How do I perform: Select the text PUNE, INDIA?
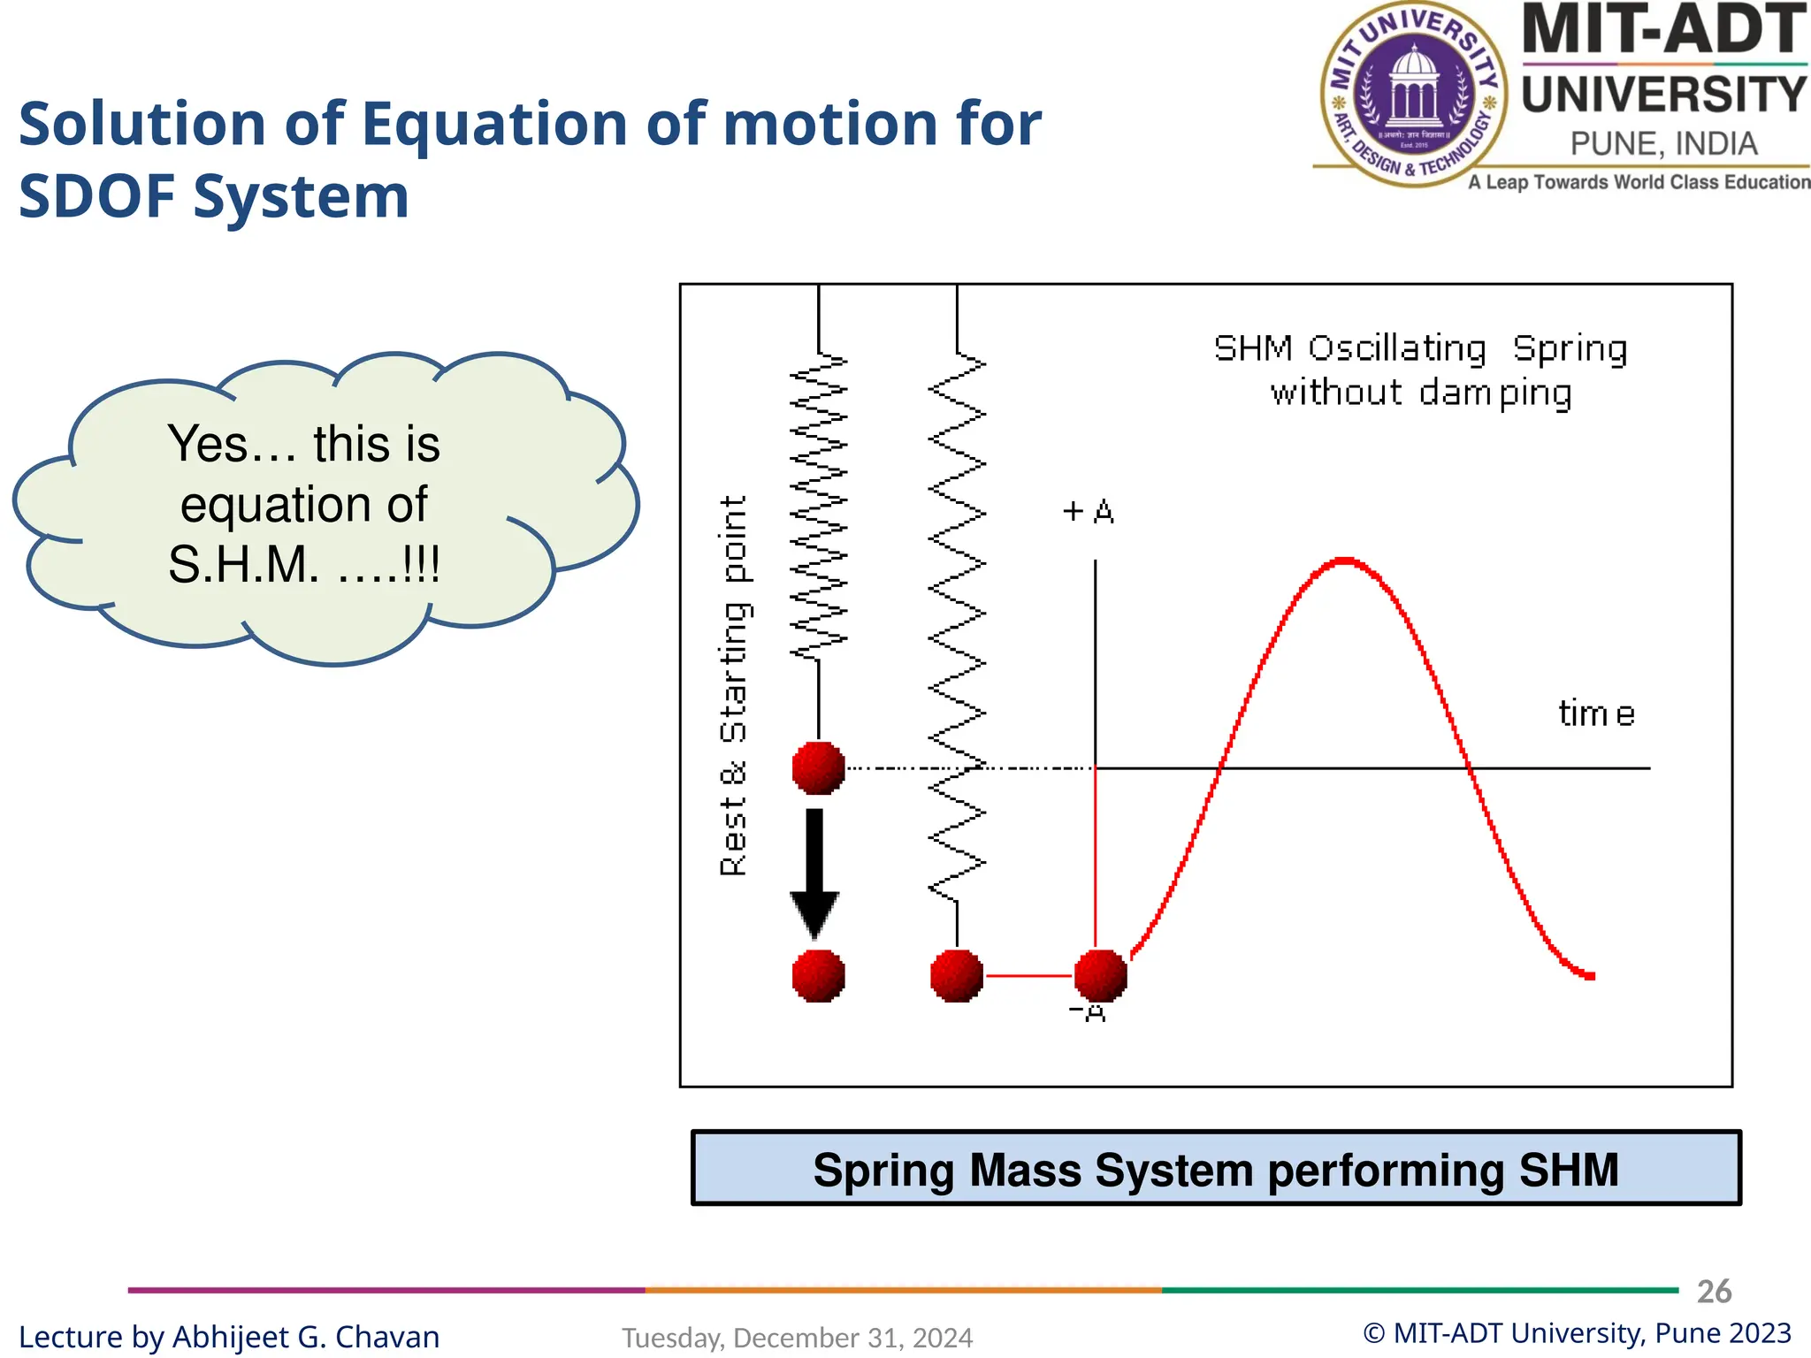pyautogui.click(x=1663, y=144)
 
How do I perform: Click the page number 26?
pyautogui.click(x=1714, y=1292)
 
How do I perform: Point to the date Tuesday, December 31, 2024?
pyautogui.click(x=797, y=1338)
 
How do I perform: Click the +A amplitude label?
pyautogui.click(x=1089, y=512)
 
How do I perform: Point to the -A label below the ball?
pyautogui.click(x=1089, y=1013)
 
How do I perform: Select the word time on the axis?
pyautogui.click(x=1596, y=713)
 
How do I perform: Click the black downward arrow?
pyautogui.click(x=814, y=871)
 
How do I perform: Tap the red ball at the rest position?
pyautogui.click(x=818, y=767)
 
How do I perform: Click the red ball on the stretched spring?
pyautogui.click(x=957, y=976)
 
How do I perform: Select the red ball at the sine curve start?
pyautogui.click(x=1100, y=976)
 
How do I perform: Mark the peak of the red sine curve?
pyautogui.click(x=1344, y=561)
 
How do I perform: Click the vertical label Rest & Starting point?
pyautogui.click(x=734, y=685)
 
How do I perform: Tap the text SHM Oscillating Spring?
pyautogui.click(x=1420, y=348)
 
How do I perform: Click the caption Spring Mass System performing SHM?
pyautogui.click(x=1216, y=1169)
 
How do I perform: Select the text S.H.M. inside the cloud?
pyautogui.click(x=243, y=564)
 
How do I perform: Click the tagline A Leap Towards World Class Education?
pyautogui.click(x=1639, y=182)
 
